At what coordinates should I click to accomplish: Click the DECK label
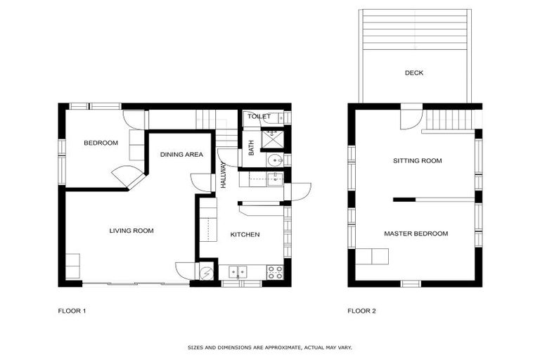414,72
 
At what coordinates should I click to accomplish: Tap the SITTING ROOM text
417,161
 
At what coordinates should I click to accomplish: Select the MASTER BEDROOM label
416,233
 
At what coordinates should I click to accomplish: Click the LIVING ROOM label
131,231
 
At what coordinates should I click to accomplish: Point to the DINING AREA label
181,155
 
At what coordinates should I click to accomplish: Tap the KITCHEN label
245,235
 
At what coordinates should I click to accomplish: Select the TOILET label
259,117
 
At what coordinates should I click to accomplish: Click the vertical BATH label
251,148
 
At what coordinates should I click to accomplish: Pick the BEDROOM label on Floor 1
101,143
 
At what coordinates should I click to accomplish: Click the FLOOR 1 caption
72,310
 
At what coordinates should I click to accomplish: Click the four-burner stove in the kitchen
275,271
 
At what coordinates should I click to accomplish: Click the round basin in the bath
273,161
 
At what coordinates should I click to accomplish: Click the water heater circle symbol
206,274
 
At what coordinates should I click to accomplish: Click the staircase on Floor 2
451,120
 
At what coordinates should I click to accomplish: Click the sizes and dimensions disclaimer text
269,347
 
